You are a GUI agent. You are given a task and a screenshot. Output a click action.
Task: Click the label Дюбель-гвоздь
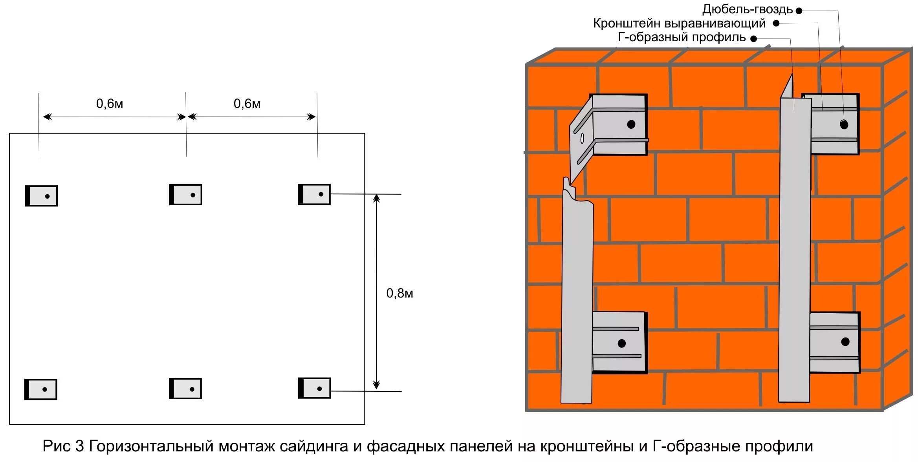click(x=747, y=9)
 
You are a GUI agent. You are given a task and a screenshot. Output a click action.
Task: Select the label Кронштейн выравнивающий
click(x=679, y=24)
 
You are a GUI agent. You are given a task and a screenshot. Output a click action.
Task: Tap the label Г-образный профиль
click(x=682, y=37)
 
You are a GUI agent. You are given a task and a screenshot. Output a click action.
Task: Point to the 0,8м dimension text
click(x=399, y=293)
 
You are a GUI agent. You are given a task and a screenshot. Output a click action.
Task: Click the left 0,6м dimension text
click(x=110, y=104)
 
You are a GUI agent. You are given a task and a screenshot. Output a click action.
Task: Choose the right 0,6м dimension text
click(x=247, y=104)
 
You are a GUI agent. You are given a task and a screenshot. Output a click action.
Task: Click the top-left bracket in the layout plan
click(x=41, y=196)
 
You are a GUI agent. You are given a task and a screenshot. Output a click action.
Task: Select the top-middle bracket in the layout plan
click(x=186, y=195)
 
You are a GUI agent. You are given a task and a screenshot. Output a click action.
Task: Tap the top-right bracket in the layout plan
click(x=314, y=194)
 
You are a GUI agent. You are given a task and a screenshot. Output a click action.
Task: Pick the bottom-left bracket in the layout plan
click(x=41, y=389)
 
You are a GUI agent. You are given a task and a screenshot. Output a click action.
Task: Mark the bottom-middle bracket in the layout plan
click(x=185, y=389)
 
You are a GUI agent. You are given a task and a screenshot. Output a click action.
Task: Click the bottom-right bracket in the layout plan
click(x=314, y=388)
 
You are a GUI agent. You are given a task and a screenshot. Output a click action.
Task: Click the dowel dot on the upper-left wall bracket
click(x=631, y=124)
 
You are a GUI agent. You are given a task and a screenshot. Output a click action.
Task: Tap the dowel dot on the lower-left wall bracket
click(x=621, y=343)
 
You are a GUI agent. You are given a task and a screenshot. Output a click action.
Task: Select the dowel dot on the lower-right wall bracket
click(x=845, y=341)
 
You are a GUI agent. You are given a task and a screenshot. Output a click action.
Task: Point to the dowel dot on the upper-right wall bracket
click(x=844, y=125)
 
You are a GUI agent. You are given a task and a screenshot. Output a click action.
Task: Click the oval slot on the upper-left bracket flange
click(x=582, y=138)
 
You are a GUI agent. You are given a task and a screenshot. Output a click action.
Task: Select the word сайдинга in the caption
click(x=314, y=446)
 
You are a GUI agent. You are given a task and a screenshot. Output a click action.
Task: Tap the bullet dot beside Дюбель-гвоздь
click(x=799, y=11)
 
